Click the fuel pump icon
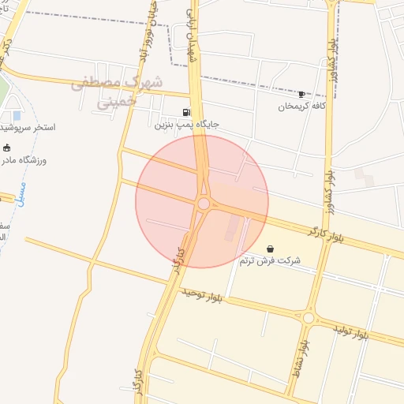186,112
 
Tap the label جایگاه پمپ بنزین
186,125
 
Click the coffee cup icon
301,94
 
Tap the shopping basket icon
271,249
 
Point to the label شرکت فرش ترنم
271,260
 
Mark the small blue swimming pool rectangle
17,116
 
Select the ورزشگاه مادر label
24,160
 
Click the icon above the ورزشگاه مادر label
7,148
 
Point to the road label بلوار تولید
350,331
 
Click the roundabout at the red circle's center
204,204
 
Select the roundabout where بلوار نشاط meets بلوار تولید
309,318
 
